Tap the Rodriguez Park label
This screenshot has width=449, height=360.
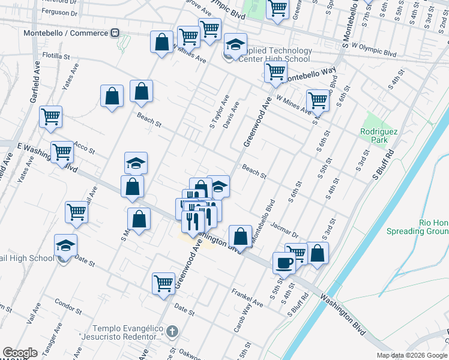click(x=375, y=136)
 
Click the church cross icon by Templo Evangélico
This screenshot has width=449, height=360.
click(x=172, y=331)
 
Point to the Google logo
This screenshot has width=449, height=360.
click(x=20, y=353)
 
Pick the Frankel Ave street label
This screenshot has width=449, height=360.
click(x=248, y=297)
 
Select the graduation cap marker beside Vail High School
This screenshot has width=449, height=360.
click(x=65, y=245)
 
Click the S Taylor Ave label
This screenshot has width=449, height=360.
click(x=220, y=112)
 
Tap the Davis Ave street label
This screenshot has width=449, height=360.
click(x=232, y=114)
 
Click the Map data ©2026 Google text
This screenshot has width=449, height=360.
click(x=412, y=355)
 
